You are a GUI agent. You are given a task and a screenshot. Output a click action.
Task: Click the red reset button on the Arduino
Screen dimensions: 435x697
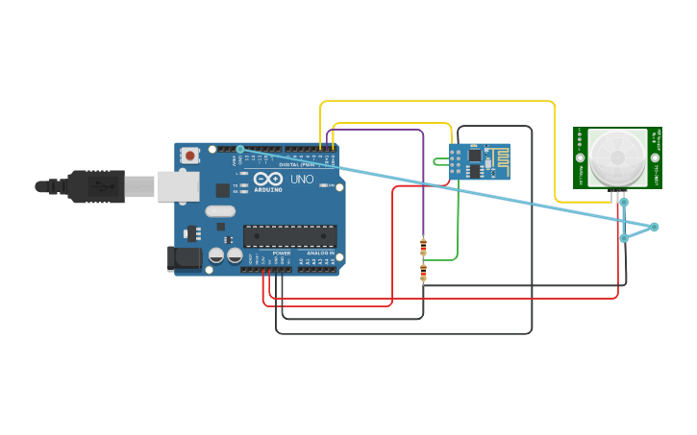[x=190, y=155]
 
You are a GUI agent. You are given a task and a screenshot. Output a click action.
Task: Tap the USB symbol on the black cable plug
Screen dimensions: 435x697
[x=99, y=186]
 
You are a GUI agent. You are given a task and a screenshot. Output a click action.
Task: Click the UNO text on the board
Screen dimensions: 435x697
[x=302, y=180]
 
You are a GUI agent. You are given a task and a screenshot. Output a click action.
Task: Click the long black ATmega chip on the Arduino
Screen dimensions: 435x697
[x=289, y=236]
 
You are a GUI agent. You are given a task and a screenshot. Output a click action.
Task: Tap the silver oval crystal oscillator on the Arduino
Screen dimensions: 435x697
[x=220, y=211]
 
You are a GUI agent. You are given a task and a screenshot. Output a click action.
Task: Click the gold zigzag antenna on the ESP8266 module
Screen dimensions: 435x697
[x=498, y=160]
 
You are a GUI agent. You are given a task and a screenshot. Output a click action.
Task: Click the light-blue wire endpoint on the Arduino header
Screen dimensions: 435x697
[x=240, y=149]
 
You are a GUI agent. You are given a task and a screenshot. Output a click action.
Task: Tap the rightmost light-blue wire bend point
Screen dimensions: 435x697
[x=654, y=227]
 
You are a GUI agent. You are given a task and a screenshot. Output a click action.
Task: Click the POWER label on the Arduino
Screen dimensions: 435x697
[x=281, y=254]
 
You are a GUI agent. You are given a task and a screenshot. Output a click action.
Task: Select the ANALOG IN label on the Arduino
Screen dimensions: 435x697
[x=320, y=254]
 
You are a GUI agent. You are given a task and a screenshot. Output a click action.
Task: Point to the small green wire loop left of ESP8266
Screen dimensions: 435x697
[x=438, y=161]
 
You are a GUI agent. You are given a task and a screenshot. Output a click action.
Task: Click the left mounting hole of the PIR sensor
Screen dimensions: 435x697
[x=580, y=157]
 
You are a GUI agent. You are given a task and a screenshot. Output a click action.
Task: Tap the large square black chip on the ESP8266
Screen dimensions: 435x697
[x=474, y=156]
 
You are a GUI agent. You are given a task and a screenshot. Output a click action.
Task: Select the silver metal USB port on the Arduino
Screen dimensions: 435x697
[x=179, y=186]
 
